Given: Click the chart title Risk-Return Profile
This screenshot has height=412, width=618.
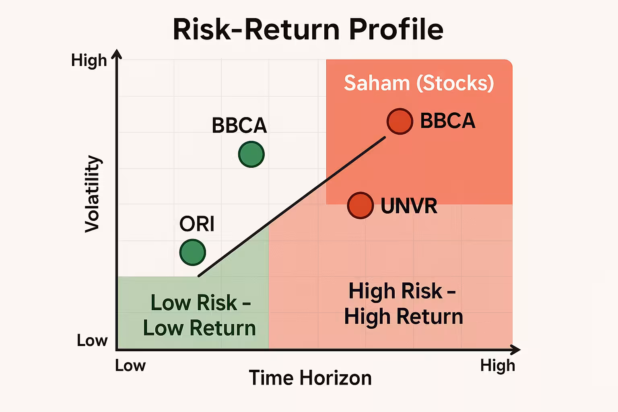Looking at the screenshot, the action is (308, 30).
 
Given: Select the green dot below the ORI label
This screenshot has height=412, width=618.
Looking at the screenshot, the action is (193, 252).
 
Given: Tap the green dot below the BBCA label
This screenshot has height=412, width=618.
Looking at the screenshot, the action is (251, 154).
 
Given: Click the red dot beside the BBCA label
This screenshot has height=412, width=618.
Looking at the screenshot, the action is (400, 122).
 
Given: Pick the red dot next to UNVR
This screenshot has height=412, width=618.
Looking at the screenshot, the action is (360, 206).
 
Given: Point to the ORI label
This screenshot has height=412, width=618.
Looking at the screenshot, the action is (197, 224).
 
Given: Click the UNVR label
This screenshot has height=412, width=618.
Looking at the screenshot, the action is (409, 206).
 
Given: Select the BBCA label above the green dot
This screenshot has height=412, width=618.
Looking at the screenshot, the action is (239, 126).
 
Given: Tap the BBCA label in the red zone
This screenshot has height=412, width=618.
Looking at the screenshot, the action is (447, 121).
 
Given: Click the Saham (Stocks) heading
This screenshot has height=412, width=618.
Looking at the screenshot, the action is (419, 83).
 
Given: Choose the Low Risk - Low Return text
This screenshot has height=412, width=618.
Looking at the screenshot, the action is (200, 315).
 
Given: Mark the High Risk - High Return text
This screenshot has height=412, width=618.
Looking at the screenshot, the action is (404, 304).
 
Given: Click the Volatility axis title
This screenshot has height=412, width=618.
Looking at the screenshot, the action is (92, 194).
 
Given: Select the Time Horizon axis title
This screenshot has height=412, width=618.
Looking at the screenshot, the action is (310, 378).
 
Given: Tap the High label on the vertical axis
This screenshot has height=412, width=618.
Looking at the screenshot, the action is (89, 60).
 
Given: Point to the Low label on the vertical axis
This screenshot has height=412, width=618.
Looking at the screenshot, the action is (92, 340).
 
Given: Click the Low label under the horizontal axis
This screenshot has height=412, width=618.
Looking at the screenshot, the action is (130, 366).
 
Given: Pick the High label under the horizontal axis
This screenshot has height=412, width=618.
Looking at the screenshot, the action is (497, 366).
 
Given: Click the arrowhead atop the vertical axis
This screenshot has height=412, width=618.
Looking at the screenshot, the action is (117, 54).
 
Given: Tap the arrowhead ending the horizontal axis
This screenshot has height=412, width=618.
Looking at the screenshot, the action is (515, 350).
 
